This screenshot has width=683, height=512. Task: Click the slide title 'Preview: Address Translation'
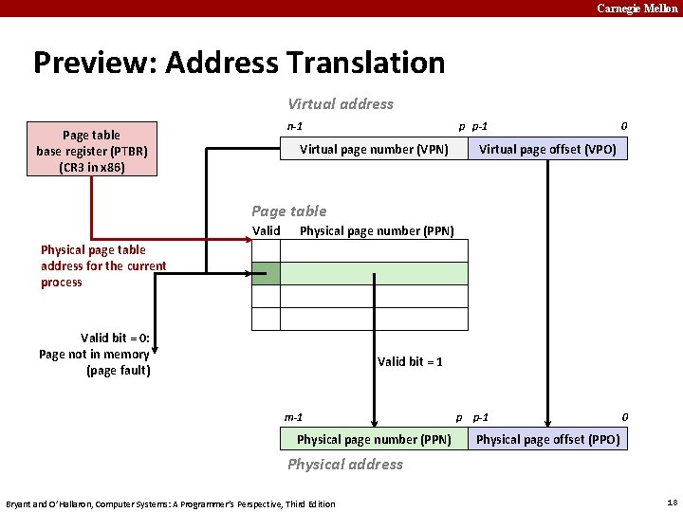[239, 63]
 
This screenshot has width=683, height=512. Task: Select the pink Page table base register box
[92, 151]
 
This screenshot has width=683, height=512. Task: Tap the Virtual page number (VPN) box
[374, 149]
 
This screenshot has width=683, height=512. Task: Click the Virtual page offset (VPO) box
[547, 149]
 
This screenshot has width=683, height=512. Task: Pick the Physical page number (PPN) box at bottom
[374, 439]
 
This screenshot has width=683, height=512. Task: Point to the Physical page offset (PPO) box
[547, 439]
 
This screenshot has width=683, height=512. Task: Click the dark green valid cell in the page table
[266, 274]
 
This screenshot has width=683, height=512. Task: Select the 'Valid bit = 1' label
[410, 361]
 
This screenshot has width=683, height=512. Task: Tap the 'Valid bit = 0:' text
[120, 338]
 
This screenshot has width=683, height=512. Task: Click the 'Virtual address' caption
[341, 104]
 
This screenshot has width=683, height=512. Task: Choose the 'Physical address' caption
[345, 465]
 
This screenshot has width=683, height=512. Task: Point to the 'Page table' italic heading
[288, 211]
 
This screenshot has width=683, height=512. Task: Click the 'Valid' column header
[267, 230]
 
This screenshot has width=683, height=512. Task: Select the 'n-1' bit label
[295, 126]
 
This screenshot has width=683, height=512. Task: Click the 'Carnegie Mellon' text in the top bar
[637, 9]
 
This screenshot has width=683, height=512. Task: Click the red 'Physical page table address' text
[102, 265]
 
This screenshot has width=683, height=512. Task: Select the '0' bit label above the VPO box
[623, 126]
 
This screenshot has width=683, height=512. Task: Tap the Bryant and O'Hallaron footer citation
[171, 503]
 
